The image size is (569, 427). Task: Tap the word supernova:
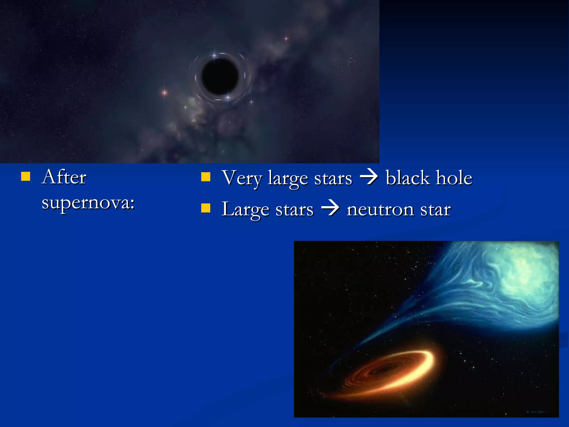pyautogui.click(x=88, y=203)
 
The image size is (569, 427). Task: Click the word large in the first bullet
pyautogui.click(x=288, y=178)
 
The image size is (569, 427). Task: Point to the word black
pyautogui.click(x=408, y=178)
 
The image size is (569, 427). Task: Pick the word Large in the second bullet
pyautogui.click(x=245, y=210)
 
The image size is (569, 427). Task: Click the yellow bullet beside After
pyautogui.click(x=26, y=176)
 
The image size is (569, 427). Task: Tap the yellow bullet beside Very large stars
pyautogui.click(x=206, y=177)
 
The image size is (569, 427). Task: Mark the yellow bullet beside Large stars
pyautogui.click(x=206, y=208)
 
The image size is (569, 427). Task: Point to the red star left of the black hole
pyautogui.click(x=164, y=92)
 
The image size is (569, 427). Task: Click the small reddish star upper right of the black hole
pyautogui.click(x=286, y=38)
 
